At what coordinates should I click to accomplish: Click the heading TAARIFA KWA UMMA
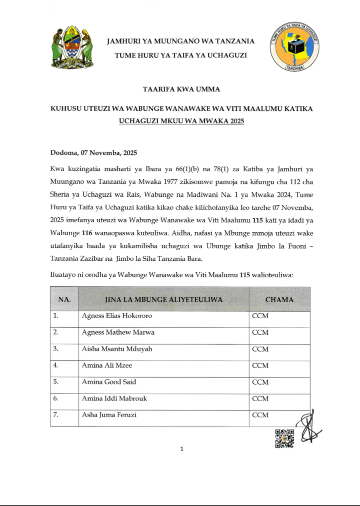coord(181,90)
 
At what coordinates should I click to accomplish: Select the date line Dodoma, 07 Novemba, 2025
coord(93,152)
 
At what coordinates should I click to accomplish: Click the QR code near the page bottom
coord(284,439)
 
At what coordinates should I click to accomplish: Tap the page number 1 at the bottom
coord(181,449)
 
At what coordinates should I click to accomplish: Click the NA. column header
coord(64,300)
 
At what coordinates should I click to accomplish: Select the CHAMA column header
coord(279,300)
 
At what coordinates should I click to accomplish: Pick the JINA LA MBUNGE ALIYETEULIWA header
coord(163,300)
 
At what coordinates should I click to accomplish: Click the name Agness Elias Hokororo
coord(117,316)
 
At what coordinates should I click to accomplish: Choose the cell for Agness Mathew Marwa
coord(118,332)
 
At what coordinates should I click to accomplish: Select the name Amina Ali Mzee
coord(107,365)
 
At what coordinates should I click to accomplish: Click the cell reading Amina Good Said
coord(109,382)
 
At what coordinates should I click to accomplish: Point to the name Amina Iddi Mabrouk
coord(114,398)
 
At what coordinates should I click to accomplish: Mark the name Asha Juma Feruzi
coord(109,415)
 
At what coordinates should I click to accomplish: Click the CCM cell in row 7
coord(260,415)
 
